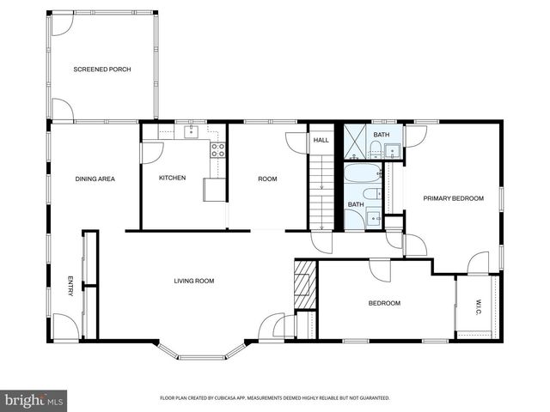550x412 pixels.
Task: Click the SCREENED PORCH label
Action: click(101, 69)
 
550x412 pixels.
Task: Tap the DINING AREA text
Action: click(95, 179)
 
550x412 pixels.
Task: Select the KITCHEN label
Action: click(172, 178)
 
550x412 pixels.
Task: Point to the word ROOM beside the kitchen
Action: click(267, 179)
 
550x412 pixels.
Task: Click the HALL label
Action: click(321, 140)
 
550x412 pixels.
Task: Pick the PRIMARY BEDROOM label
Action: click(453, 198)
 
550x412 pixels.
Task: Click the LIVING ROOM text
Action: click(194, 281)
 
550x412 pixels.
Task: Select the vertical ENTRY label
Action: click(70, 286)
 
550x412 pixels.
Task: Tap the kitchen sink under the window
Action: click(191, 132)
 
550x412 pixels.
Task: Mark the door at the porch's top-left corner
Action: click(63, 24)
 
